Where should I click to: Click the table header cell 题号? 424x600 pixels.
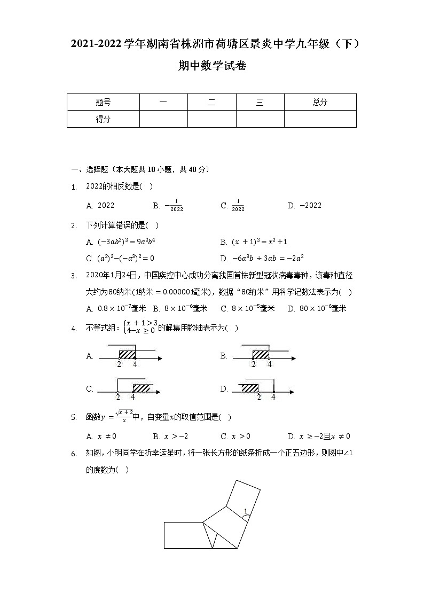(103, 103)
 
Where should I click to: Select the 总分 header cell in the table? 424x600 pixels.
(320, 103)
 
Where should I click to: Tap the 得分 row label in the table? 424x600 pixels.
(103, 119)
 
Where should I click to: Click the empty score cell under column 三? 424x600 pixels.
(260, 119)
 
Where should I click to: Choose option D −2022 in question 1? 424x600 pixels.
(305, 206)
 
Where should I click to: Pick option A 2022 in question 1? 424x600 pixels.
(100, 206)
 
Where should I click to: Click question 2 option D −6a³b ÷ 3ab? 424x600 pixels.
(262, 258)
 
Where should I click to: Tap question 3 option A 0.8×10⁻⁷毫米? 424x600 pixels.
(116, 308)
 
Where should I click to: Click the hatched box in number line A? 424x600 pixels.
(127, 355)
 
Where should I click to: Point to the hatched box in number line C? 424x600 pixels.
(142, 388)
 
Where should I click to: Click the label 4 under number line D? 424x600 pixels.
(273, 397)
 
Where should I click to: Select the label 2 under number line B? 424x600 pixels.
(253, 364)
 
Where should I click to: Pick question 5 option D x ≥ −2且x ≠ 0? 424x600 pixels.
(319, 436)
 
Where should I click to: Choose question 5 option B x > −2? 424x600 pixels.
(167, 436)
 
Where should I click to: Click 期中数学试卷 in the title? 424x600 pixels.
(212, 66)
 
